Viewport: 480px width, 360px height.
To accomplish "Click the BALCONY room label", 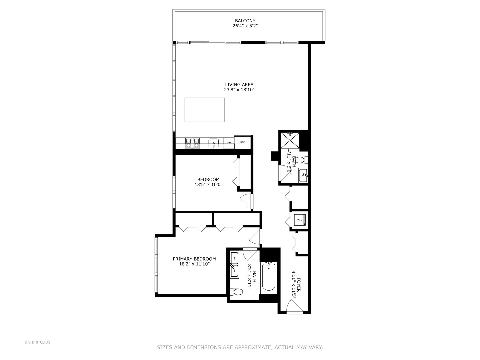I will [x=245, y=21].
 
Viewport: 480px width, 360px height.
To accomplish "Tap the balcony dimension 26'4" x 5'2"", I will [x=245, y=26].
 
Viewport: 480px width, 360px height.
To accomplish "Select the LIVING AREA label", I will [x=239, y=85].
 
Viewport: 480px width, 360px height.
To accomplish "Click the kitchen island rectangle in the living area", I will [x=204, y=110].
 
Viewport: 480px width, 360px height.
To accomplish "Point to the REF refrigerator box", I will [x=242, y=142].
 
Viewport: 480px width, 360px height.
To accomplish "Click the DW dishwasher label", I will [x=229, y=143].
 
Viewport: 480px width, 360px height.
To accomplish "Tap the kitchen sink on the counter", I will [x=213, y=143].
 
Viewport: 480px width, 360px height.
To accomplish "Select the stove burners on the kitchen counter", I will [x=192, y=143].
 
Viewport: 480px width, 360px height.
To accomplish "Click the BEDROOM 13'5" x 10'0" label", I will [x=208, y=182].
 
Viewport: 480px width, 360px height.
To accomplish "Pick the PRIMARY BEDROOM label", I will [x=194, y=259].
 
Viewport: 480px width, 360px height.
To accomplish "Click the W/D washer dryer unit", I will [x=300, y=220].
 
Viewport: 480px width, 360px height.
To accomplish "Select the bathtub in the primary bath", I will [x=268, y=276].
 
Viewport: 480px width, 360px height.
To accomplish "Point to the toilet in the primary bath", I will [x=238, y=292].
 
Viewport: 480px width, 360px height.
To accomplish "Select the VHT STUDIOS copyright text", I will [x=37, y=342].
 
